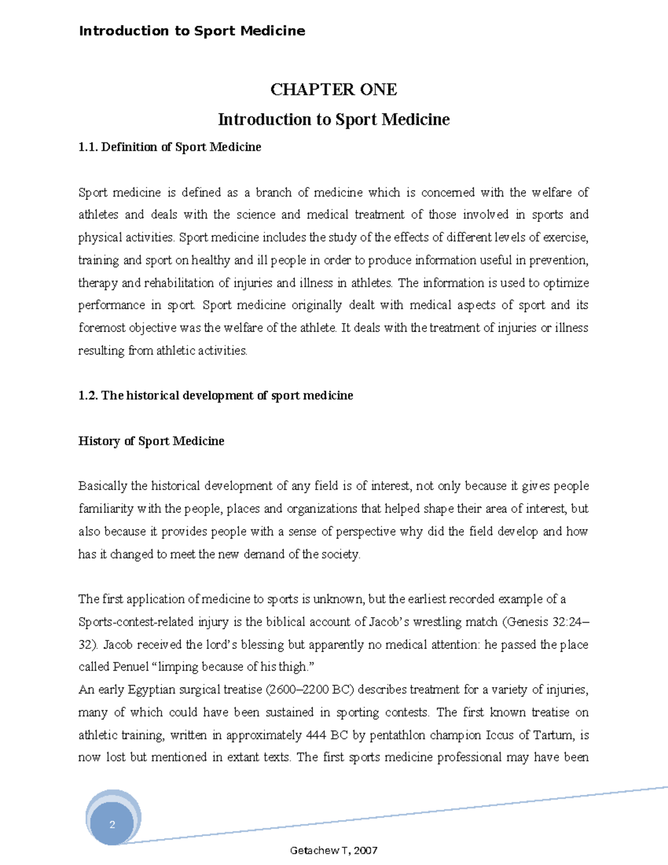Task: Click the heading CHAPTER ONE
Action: (333, 90)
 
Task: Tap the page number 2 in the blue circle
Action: (112, 824)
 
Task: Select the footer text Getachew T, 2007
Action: (333, 851)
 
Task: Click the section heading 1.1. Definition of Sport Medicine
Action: (170, 147)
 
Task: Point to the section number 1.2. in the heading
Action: (88, 395)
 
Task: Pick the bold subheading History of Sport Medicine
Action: (151, 441)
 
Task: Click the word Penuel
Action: (131, 667)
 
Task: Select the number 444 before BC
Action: (316, 735)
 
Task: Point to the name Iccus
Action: (500, 735)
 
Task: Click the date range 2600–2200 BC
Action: (310, 690)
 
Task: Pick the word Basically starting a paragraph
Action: (103, 486)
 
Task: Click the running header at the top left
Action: (192, 31)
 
